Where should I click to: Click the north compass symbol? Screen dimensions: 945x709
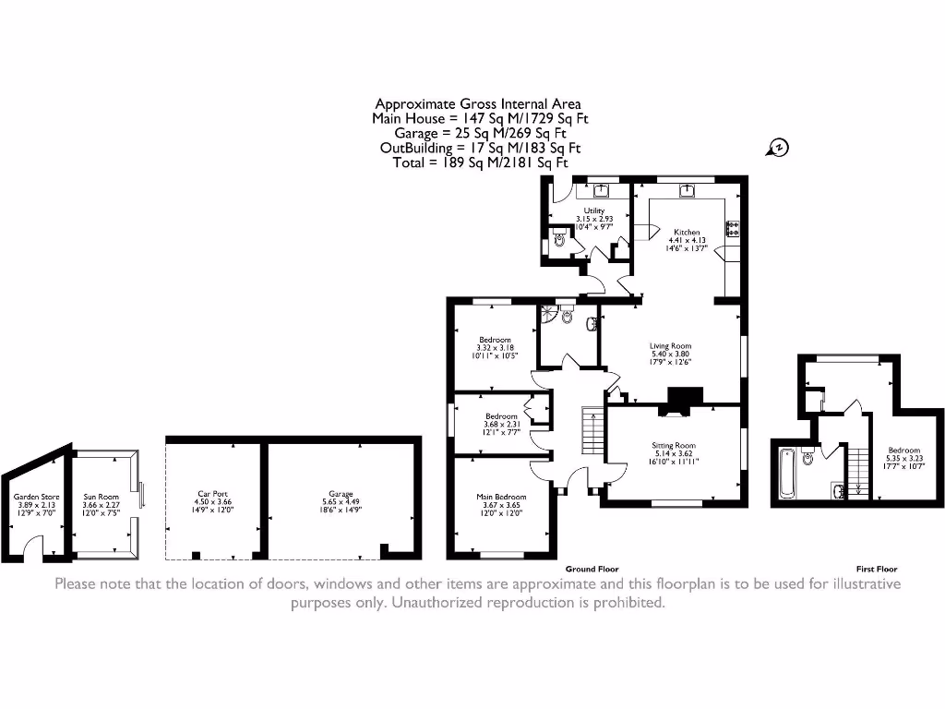point(778,147)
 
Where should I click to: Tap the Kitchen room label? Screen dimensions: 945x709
point(686,232)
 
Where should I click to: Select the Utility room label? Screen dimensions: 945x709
point(593,210)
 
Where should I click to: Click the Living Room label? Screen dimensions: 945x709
point(670,345)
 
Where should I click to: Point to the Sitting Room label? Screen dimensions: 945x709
point(673,445)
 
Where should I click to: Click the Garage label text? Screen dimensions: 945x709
point(341,495)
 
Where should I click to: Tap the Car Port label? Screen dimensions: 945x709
point(212,495)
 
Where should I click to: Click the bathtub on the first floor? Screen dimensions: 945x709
point(787,473)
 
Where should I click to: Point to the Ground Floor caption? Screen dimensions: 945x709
point(592,569)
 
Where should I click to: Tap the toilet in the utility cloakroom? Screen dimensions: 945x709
point(558,240)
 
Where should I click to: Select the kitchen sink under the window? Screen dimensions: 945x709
point(688,192)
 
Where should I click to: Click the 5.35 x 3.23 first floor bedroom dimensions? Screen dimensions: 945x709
point(903,457)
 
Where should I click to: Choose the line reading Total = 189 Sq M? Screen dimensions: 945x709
point(480,162)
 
